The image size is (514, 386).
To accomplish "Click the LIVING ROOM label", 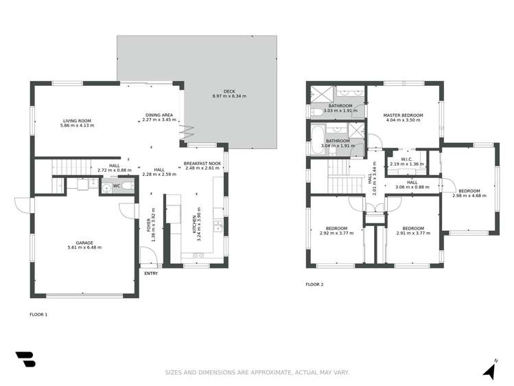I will click(76, 121).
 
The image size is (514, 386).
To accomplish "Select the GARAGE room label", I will click(84, 242).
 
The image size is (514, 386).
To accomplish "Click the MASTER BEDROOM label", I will click(403, 115).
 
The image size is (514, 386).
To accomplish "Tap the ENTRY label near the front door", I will click(151, 273).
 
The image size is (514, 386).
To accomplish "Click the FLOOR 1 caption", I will click(38, 314).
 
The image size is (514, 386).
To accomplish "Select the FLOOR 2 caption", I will click(314, 284).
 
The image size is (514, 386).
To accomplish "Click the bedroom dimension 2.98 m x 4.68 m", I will click(469, 196).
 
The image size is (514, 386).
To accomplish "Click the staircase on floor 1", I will click(69, 167).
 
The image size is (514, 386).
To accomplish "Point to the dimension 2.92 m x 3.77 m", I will click(336, 233).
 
